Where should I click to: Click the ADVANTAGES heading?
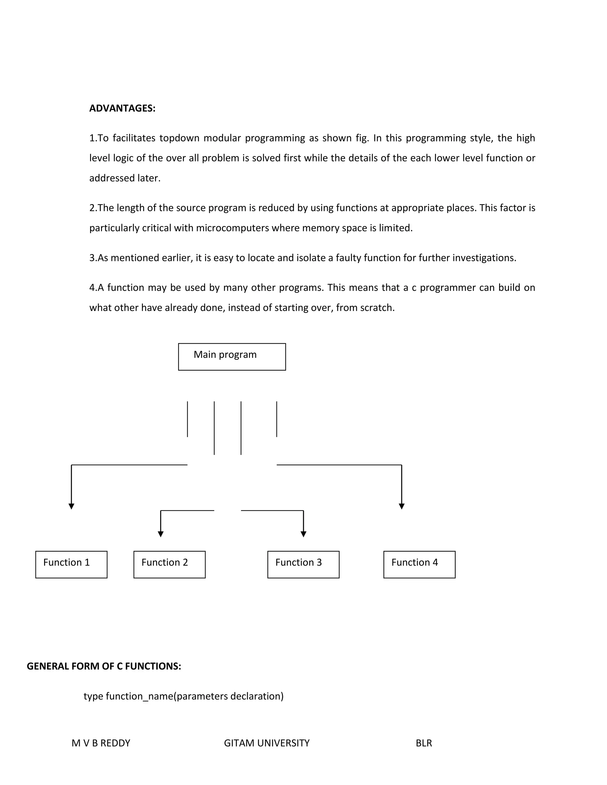click(x=122, y=108)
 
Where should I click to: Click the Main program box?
click(x=232, y=357)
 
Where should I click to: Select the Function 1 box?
click(x=71, y=564)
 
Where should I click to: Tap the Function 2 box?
click(x=169, y=564)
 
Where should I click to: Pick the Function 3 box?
click(x=303, y=564)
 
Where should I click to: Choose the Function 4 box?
click(x=419, y=564)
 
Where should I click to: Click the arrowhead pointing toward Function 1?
click(x=71, y=506)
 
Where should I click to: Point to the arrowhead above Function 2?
click(x=161, y=534)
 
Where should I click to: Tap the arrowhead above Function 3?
click(x=303, y=534)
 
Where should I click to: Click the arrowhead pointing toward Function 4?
click(x=402, y=506)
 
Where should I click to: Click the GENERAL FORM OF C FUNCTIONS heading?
click(x=104, y=666)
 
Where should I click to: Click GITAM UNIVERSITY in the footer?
click(x=266, y=743)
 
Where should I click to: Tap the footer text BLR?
click(x=424, y=743)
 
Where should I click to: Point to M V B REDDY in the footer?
click(x=101, y=743)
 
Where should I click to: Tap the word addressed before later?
click(x=111, y=178)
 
